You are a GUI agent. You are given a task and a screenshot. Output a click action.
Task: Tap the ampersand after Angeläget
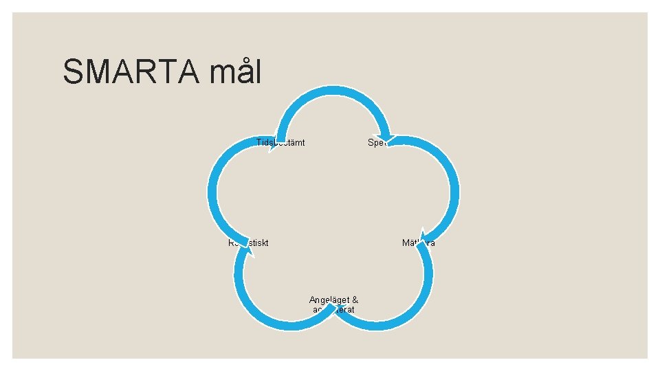click(355, 300)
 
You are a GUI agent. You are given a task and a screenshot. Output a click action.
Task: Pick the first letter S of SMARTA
click(73, 71)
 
